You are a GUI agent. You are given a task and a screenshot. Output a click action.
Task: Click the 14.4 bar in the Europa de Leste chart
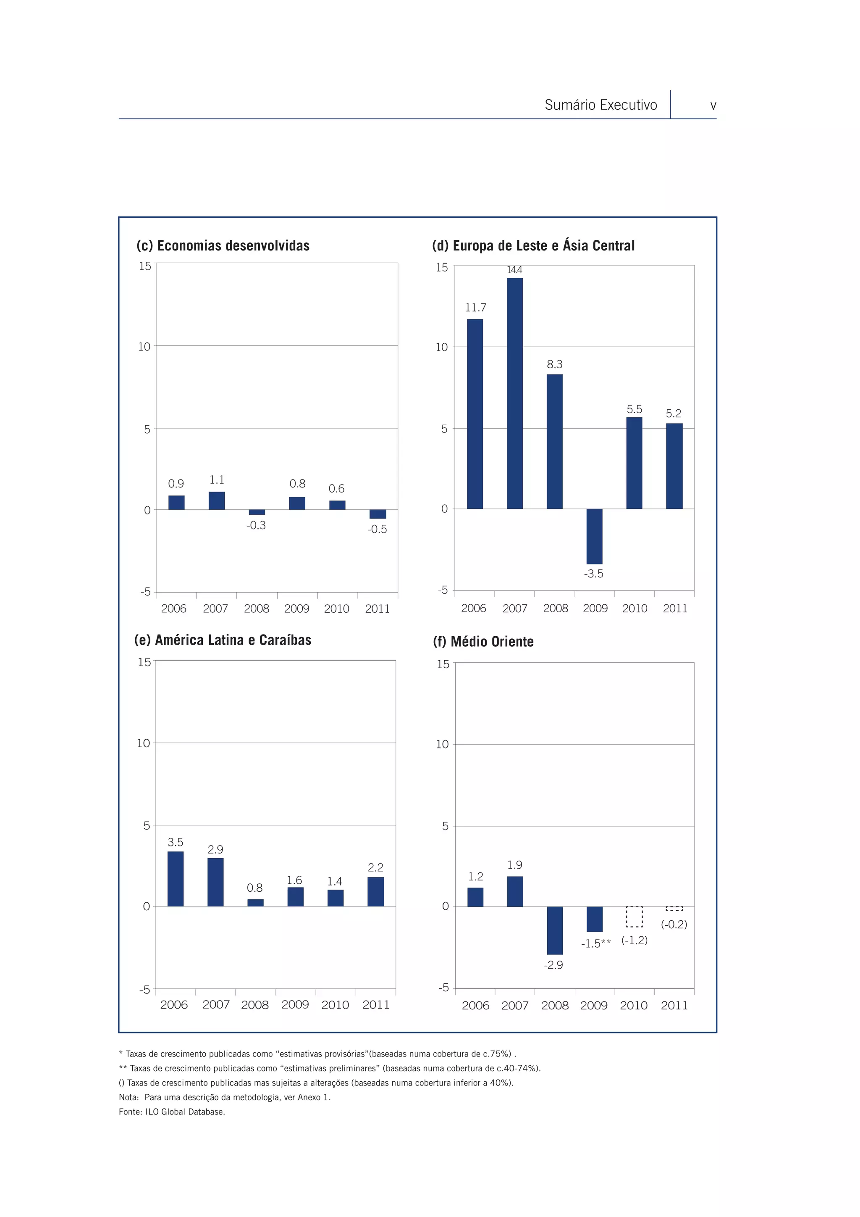point(514,393)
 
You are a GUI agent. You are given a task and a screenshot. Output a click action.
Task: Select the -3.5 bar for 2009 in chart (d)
point(594,536)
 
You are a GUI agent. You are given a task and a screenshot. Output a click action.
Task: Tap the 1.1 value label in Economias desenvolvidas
point(217,479)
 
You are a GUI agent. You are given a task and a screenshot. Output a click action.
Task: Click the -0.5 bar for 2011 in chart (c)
point(378,514)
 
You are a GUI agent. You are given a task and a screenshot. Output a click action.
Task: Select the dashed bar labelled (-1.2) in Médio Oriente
point(634,917)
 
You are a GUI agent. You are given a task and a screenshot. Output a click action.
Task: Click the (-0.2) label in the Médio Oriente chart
point(674,925)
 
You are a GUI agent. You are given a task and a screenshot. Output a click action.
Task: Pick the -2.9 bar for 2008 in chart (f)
point(554,930)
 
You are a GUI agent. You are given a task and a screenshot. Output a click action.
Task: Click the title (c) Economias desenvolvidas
point(223,245)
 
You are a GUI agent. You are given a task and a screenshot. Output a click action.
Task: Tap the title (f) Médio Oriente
point(483,641)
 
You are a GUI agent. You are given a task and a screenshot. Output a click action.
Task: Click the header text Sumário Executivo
point(600,105)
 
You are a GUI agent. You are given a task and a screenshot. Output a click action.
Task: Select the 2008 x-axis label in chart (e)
point(255,1005)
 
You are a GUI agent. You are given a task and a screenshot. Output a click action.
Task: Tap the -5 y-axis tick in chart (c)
point(146,592)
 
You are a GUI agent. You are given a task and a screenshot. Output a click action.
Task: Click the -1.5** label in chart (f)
point(596,943)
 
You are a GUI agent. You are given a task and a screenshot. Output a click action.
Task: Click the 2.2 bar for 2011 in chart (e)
point(375,892)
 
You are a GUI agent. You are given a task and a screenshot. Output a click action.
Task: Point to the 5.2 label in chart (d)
point(673,414)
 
